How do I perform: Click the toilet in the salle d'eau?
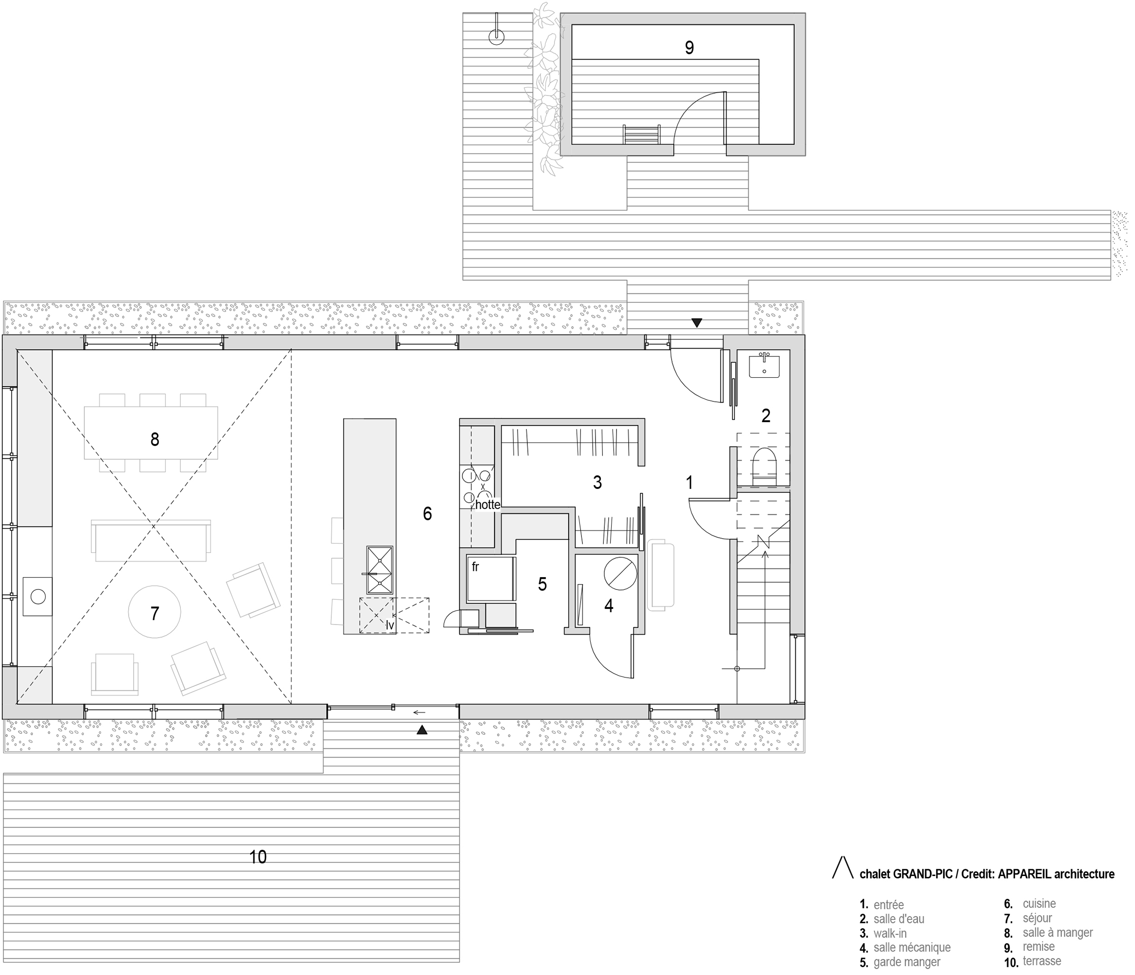(x=764, y=466)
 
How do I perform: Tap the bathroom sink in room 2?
(x=764, y=366)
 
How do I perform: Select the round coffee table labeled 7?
(x=154, y=612)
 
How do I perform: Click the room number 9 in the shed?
(x=689, y=48)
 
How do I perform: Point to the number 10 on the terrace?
(x=257, y=857)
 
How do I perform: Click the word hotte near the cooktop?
(x=487, y=505)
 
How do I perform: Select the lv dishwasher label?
(x=390, y=625)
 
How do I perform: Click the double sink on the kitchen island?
(x=380, y=570)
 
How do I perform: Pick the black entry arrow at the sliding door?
(x=421, y=729)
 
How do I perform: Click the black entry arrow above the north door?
(x=696, y=323)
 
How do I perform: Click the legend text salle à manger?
(x=1057, y=932)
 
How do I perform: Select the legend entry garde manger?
(x=906, y=962)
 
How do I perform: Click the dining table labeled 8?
(x=151, y=432)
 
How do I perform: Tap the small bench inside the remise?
(x=641, y=134)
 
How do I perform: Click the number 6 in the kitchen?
(x=427, y=513)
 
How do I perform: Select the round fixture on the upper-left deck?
(x=496, y=37)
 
